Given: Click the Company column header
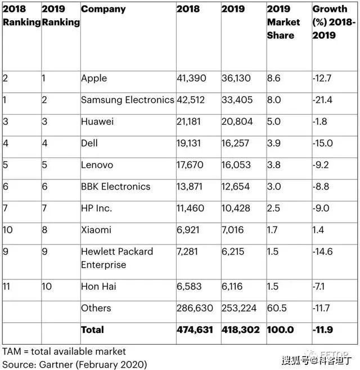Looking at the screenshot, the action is pyautogui.click(x=103, y=9).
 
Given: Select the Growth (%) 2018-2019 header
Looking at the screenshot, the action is pyautogui.click(x=334, y=22).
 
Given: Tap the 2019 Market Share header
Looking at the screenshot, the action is pyautogui.click(x=283, y=22).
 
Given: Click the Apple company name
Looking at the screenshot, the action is pyautogui.click(x=94, y=79).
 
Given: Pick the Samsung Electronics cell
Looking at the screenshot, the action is pyautogui.click(x=128, y=100).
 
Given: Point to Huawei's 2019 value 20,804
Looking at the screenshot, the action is pyautogui.click(x=237, y=121).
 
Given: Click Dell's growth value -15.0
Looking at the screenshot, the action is pyautogui.click(x=322, y=143).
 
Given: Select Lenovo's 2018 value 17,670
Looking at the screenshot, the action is pyautogui.click(x=190, y=165).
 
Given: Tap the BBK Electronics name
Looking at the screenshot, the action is pyautogui.click(x=115, y=187).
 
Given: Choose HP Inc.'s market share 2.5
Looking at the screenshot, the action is pyautogui.click(x=273, y=209).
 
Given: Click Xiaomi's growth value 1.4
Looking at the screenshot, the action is pyautogui.click(x=318, y=230).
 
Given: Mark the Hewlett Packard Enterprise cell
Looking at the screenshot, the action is pyautogui.click(x=117, y=258).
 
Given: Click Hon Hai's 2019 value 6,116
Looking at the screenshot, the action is pyautogui.click(x=232, y=286).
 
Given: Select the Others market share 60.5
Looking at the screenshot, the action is pyautogui.click(x=277, y=308).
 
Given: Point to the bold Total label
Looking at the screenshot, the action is pyautogui.click(x=92, y=330).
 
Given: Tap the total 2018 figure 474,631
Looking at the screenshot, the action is pyautogui.click(x=195, y=330).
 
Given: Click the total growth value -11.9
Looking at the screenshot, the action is pyautogui.click(x=323, y=330).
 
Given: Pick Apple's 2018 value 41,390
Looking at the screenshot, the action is pyautogui.click(x=191, y=78).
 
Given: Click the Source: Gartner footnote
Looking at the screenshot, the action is pyautogui.click(x=75, y=364).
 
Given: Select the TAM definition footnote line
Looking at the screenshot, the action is pyautogui.click(x=64, y=351).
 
